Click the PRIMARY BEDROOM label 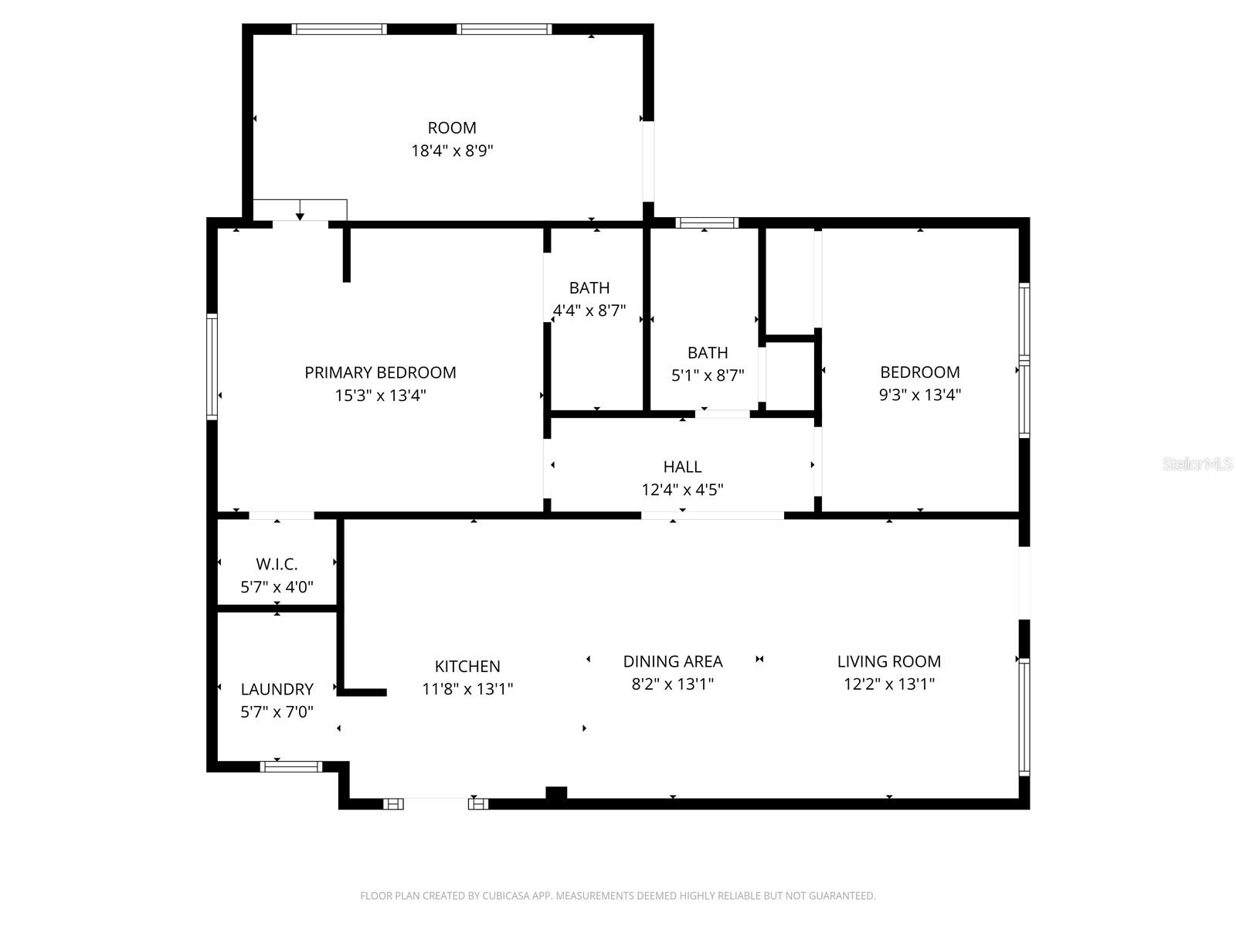click(380, 372)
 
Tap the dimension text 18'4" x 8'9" click(452, 151)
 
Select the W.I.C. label click(277, 565)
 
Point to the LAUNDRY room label click(277, 689)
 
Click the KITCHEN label click(467, 666)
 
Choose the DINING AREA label click(673, 661)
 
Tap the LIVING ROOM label click(889, 661)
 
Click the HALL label click(682, 467)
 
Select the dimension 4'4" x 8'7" click(589, 311)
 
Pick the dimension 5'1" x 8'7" click(708, 375)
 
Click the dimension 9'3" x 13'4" click(920, 395)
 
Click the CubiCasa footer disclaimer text click(618, 896)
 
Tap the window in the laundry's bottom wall click(290, 766)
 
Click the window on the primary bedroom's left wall click(212, 366)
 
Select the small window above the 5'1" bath click(707, 223)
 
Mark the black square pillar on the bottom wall click(556, 793)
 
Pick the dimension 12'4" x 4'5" click(682, 490)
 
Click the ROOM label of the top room click(452, 127)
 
